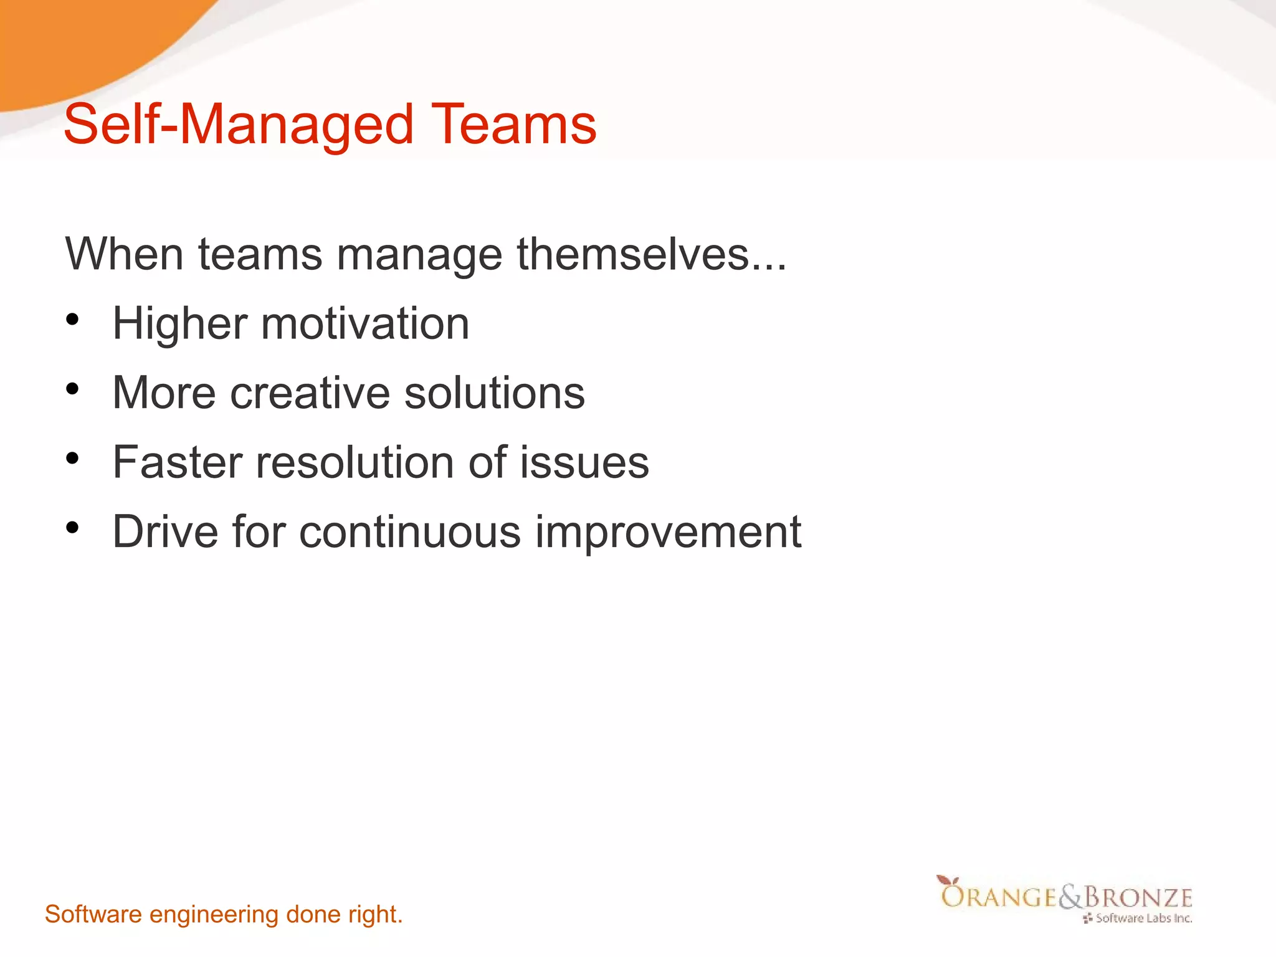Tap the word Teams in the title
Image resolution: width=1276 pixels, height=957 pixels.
point(513,125)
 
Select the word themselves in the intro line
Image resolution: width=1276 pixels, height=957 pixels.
point(651,255)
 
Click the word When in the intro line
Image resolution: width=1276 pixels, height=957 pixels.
point(125,255)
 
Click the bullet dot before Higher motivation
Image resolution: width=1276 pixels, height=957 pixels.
point(73,320)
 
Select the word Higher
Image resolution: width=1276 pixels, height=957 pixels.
point(180,325)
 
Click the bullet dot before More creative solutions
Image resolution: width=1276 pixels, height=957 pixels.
point(73,389)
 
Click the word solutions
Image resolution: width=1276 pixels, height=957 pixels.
point(495,393)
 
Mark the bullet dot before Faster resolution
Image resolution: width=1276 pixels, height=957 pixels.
point(73,459)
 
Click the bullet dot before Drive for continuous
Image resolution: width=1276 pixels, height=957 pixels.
point(73,528)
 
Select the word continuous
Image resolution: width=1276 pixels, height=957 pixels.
point(410,532)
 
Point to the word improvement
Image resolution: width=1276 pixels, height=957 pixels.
point(668,533)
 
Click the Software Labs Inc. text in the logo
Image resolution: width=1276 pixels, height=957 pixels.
point(1143,918)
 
